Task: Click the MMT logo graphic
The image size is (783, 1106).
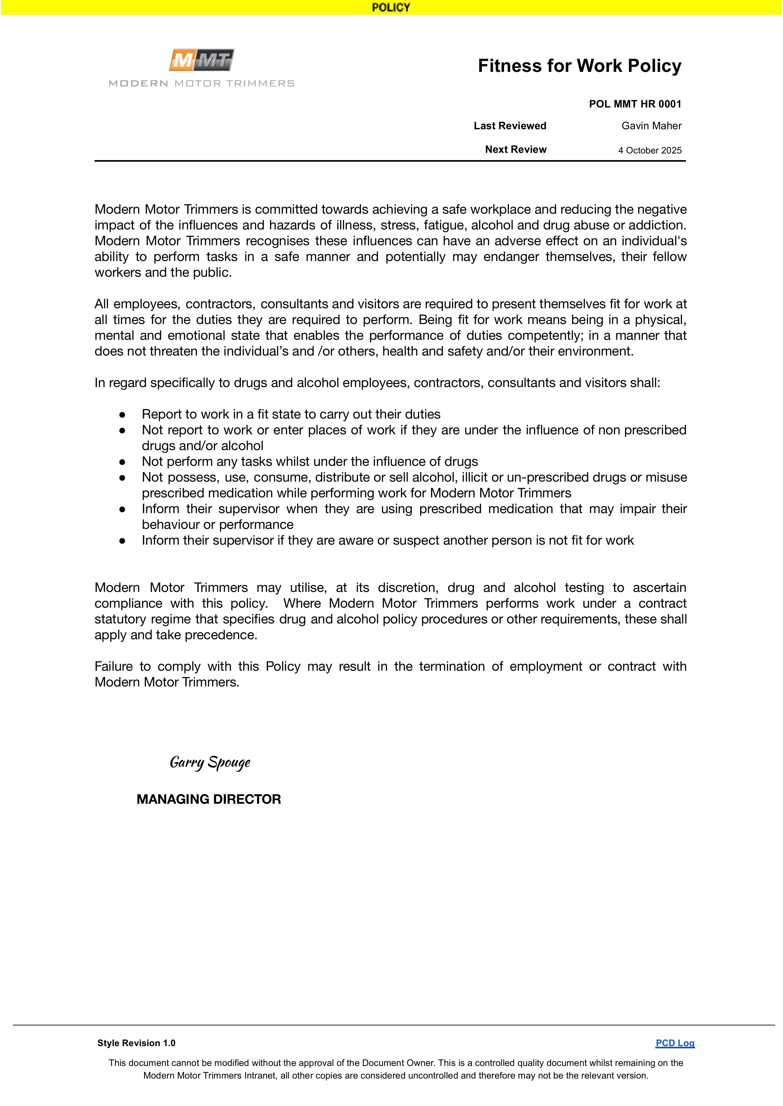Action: [201, 60]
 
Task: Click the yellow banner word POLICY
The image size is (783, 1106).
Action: [391, 7]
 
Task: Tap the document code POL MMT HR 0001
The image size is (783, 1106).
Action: [635, 104]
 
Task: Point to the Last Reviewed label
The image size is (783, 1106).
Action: [510, 126]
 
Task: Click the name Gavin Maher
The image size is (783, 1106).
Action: [651, 126]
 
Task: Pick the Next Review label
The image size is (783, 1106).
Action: [515, 149]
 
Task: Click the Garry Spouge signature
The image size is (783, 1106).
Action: [210, 762]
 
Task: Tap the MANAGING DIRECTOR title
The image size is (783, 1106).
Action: [209, 799]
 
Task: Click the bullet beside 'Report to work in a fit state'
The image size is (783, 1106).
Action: [123, 414]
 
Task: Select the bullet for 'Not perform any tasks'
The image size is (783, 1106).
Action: [123, 462]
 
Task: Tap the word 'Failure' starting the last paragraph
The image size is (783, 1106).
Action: [113, 666]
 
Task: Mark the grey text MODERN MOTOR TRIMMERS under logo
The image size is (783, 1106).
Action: [201, 84]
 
